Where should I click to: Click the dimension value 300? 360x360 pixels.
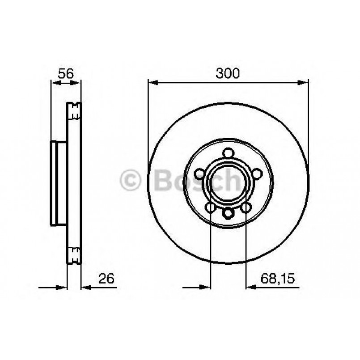(228, 73)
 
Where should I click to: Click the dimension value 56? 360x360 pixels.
(66, 73)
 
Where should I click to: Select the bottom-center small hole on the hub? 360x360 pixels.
(229, 213)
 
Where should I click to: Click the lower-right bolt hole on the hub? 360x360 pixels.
(246, 207)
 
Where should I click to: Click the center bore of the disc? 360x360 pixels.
(229, 183)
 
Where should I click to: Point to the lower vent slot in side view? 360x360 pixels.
(74, 255)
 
